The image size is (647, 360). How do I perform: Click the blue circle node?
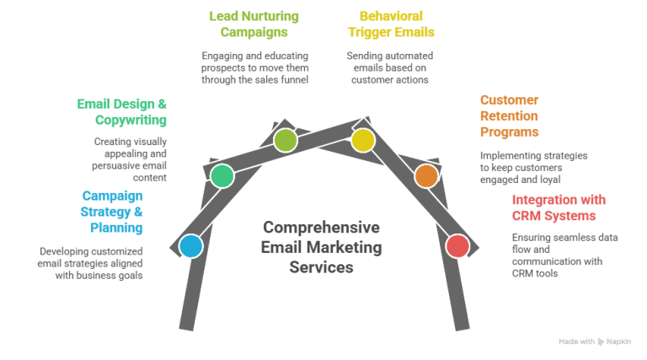point(191,246)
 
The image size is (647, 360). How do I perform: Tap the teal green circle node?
point(222,175)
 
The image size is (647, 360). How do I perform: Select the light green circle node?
point(286,140)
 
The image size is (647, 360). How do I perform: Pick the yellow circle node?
point(363,140)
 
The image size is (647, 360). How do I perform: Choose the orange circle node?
point(426,175)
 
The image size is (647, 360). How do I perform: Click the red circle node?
point(457,246)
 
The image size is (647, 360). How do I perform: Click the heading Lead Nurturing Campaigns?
point(254,24)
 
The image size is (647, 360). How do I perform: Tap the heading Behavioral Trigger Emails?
point(391,24)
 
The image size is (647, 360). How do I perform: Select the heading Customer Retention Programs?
point(509,116)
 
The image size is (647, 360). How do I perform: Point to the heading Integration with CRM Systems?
point(558,207)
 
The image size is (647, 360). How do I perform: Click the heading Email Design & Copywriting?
point(122,112)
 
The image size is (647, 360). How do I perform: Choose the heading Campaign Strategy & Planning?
point(111,211)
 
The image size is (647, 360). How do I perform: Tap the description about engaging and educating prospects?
point(254,67)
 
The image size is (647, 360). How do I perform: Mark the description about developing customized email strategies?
point(91,263)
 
